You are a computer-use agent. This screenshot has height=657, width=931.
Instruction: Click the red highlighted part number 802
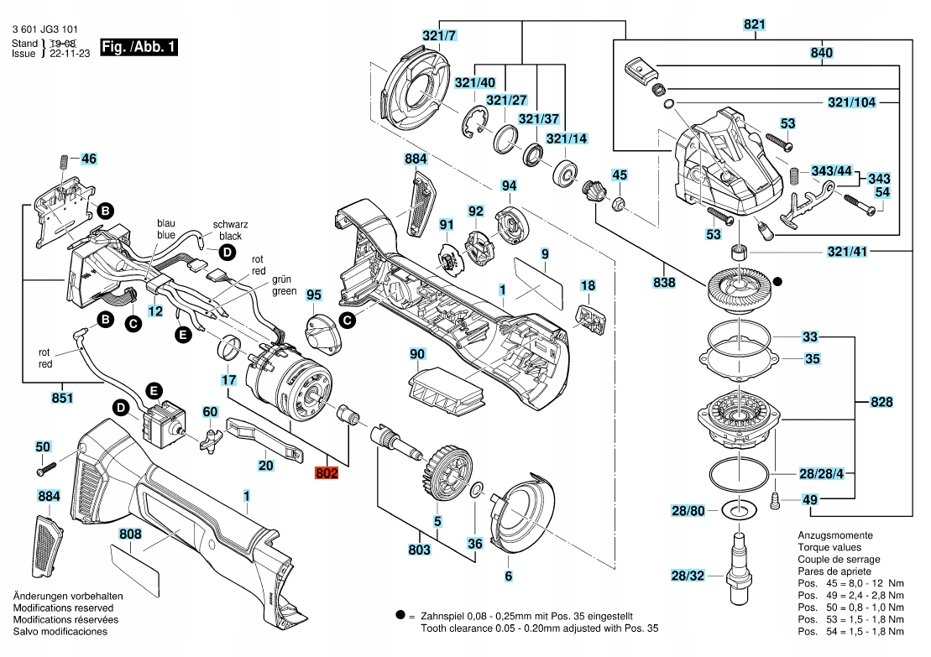tap(327, 474)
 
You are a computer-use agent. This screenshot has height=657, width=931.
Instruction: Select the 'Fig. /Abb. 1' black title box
tap(139, 47)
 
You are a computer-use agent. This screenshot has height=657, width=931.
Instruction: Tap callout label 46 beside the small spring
tap(89, 158)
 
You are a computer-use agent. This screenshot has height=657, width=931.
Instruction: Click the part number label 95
tap(314, 295)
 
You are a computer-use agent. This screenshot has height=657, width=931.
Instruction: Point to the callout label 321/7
tap(439, 35)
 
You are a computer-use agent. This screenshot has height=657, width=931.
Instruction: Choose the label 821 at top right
tap(755, 25)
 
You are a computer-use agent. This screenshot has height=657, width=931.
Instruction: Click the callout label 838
tap(663, 284)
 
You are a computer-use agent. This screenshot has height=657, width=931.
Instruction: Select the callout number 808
tap(130, 534)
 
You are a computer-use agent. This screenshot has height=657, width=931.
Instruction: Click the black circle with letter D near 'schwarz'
tap(227, 252)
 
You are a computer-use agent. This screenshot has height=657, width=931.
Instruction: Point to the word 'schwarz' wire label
tap(231, 224)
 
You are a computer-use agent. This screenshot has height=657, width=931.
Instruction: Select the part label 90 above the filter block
tap(417, 355)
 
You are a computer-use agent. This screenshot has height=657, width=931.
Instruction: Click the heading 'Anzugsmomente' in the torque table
tap(834, 535)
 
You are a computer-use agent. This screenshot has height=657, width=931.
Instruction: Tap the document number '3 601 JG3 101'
tap(51, 28)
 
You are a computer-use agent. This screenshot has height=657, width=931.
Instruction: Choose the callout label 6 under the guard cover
tap(508, 576)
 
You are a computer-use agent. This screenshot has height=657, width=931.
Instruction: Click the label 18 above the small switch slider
tap(588, 286)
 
